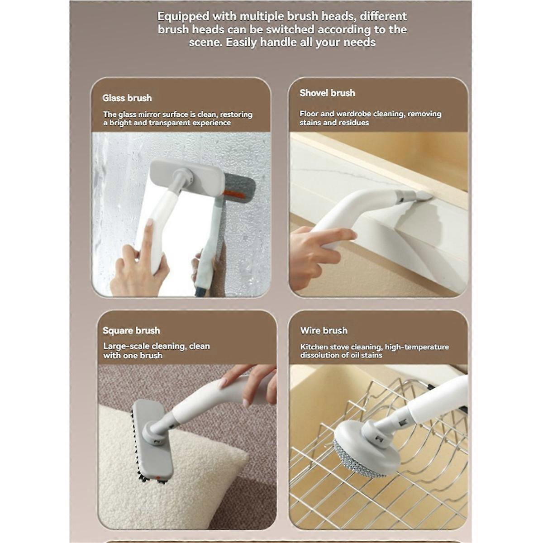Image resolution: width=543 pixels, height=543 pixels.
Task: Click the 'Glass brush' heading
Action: tap(127, 98)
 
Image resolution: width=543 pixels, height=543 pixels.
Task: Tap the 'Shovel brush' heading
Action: tap(327, 93)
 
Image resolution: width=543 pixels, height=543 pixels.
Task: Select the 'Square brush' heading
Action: tap(131, 330)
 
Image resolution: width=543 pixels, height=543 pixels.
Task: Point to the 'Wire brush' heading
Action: tap(324, 330)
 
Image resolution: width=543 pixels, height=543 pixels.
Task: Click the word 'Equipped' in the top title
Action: tap(183, 16)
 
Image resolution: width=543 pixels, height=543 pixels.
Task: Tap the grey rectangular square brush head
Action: tap(152, 443)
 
